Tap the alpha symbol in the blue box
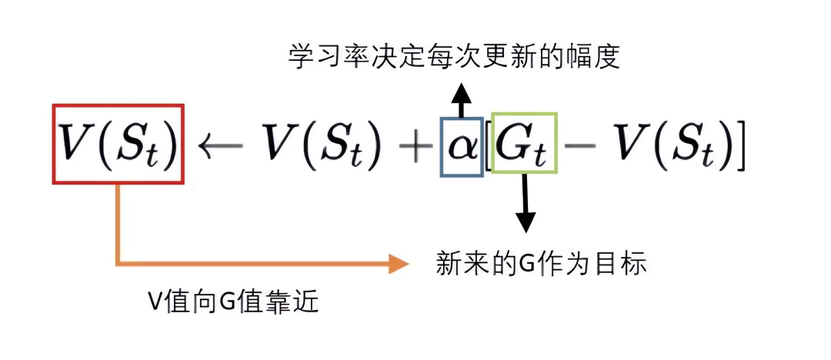coord(462,147)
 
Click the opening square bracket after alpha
coord(488,146)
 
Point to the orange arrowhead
coord(398,264)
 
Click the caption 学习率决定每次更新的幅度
coord(454,58)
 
